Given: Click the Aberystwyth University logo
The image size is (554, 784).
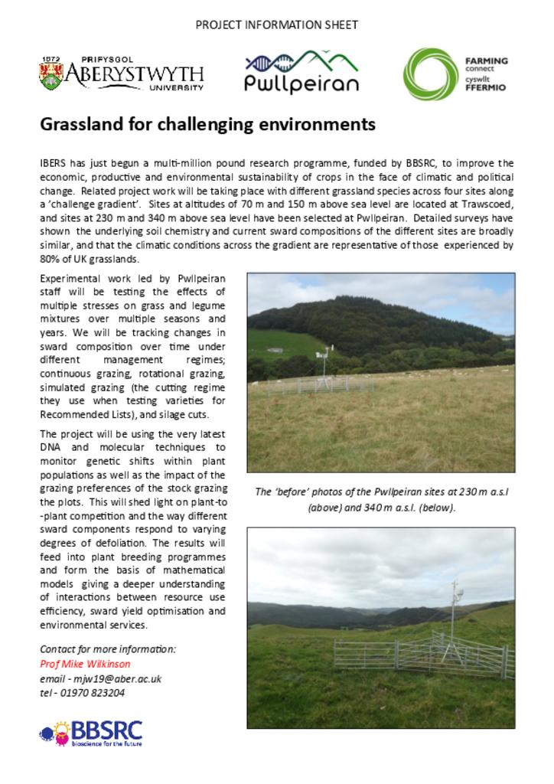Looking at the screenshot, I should [x=122, y=74].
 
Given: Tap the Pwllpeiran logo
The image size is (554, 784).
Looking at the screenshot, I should [x=301, y=72].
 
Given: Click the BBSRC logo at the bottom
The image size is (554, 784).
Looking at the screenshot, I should [x=91, y=733].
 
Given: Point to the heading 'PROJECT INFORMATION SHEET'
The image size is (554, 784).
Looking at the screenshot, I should [x=277, y=25].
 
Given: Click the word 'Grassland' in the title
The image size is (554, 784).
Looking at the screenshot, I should [x=77, y=124].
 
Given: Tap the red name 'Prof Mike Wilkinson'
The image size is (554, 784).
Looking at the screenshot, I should [x=85, y=664].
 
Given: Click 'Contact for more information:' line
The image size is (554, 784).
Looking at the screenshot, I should [x=108, y=648].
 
